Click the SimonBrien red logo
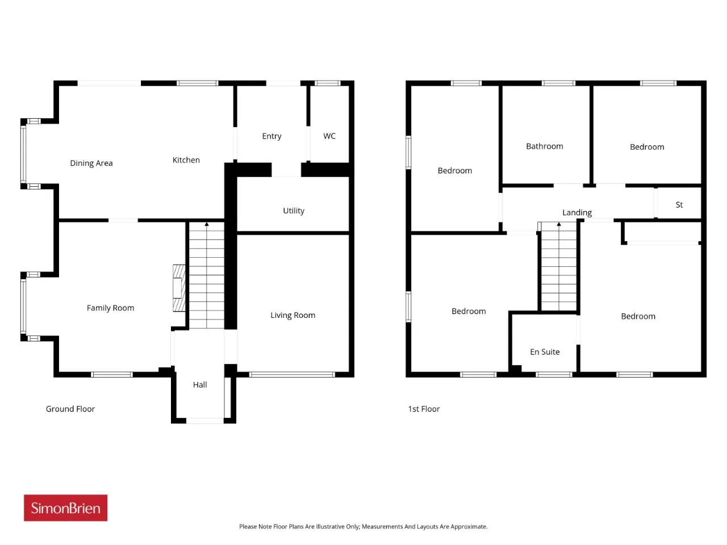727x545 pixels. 65,508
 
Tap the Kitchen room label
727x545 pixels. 186,160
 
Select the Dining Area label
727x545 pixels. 91,163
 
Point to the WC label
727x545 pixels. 329,136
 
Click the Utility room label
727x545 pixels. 294,211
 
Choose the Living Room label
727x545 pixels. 293,315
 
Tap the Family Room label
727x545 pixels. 110,308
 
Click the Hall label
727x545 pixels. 200,384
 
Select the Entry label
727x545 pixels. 271,136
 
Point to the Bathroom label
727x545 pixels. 544,146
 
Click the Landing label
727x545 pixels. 576,213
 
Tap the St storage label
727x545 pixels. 679,205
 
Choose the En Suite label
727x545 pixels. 545,352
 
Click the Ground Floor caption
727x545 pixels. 70,409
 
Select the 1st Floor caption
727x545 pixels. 424,409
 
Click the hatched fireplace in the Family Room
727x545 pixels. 179,288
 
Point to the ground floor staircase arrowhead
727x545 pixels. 207,224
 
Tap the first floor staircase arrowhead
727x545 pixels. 559,224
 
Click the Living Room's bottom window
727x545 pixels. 292,375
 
